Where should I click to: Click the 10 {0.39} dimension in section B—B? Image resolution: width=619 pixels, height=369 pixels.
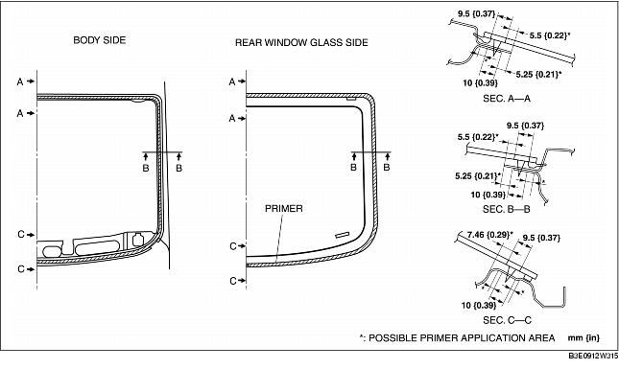489,194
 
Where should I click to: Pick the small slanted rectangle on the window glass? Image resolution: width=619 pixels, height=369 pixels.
342,236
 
